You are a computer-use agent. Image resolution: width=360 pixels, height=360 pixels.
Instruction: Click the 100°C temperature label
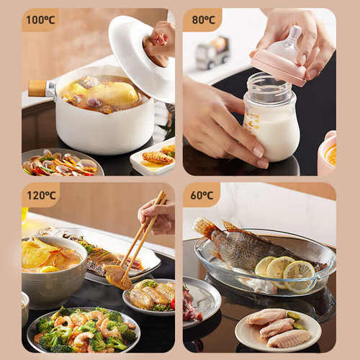40,19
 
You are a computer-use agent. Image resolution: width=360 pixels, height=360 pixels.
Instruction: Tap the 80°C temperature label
204,19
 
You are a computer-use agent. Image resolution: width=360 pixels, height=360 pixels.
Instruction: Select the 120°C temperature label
41,195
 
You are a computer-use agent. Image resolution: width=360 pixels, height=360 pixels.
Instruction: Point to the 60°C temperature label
202,195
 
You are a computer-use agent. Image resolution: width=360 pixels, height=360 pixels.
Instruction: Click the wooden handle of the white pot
37,89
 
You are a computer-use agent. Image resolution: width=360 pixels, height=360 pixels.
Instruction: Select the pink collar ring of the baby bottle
279,68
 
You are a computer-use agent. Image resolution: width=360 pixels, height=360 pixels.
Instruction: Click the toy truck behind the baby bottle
212,53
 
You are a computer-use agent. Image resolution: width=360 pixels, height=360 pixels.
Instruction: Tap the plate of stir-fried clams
63,163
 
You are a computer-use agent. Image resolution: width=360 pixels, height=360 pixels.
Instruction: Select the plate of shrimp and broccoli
83,329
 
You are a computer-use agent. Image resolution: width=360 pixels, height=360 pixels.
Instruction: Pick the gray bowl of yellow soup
54,268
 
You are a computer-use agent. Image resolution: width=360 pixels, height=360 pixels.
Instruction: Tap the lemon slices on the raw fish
286,272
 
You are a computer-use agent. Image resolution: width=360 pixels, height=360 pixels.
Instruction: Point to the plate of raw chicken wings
279,330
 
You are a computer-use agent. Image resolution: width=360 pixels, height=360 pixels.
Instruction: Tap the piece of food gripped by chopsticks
118,276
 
